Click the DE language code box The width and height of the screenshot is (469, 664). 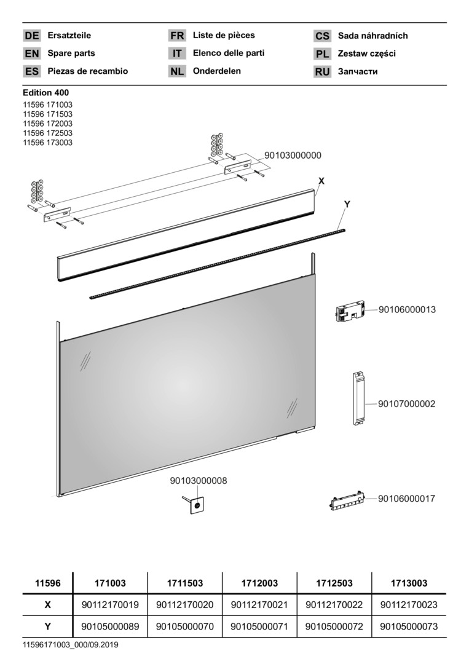pos(32,36)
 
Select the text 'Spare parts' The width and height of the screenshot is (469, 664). pos(71,53)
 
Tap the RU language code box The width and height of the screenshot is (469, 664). pos(322,71)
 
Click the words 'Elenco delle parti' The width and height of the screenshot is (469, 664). pos(229,53)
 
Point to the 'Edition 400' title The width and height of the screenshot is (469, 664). pos(45,92)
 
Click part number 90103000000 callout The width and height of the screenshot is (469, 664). pos(293,156)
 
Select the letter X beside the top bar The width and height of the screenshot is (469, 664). pos(321,181)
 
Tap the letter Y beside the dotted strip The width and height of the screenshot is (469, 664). pos(347,204)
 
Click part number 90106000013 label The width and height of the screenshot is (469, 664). pos(407,309)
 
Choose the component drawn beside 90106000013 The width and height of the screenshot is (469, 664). pos(350,312)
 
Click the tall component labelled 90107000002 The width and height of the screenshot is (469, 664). pos(359,398)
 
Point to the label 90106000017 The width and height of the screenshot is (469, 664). pos(406,499)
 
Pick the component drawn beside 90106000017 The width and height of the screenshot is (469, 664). pos(347,502)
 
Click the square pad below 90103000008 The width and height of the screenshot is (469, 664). pos(197,505)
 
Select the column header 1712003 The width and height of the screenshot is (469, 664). pos(259,583)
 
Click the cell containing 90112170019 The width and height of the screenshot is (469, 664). pos(110,605)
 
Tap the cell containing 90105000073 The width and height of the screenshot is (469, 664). pos(409,626)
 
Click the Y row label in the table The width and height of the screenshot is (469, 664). pos(47,626)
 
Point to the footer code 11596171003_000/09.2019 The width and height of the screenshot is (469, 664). pos(71,645)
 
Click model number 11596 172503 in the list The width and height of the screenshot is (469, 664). pos(48,133)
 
